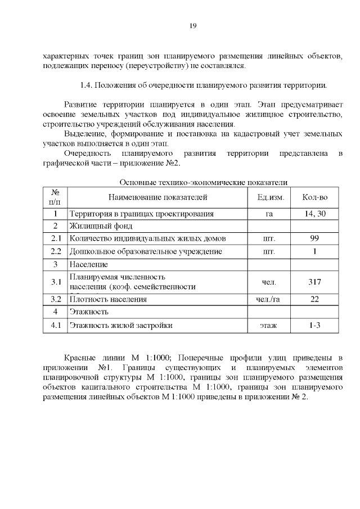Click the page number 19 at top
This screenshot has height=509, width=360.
192,26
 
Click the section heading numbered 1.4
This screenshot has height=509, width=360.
204,85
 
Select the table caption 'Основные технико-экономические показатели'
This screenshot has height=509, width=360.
204,182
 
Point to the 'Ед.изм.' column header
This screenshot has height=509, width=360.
271,197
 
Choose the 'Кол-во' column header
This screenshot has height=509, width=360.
314,197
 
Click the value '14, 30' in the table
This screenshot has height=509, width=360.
314,214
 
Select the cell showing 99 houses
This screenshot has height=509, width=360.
314,238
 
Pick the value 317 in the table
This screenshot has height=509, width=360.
314,281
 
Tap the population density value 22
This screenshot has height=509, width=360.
314,299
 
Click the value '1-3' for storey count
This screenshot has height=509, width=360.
314,325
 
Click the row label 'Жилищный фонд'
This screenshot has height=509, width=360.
101,226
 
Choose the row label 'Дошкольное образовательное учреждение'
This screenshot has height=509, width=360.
145,251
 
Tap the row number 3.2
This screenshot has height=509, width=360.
55,299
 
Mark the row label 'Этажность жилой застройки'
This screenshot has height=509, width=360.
120,325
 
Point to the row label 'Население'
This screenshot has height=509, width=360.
88,264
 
